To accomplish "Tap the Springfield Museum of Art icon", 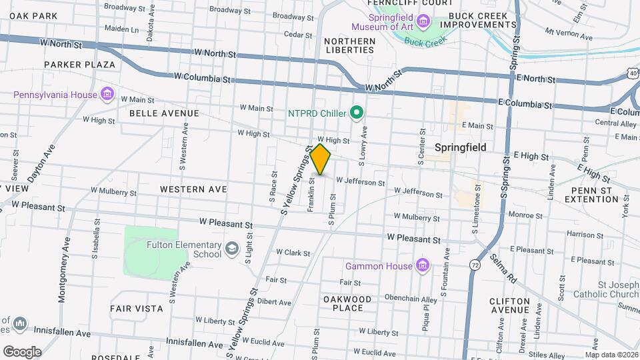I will [423, 23].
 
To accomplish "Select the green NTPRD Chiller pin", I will [357, 113].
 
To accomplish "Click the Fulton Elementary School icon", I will [231, 249].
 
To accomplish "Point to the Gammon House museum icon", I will [421, 266].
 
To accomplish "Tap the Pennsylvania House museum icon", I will [107, 94].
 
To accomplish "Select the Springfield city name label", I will [460, 147].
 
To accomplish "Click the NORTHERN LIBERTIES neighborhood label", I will [349, 45].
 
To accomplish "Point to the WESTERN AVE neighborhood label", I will [193, 189].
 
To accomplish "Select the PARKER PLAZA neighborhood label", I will [80, 65].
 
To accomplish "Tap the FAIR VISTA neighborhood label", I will [137, 309].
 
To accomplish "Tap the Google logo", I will [22, 351].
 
